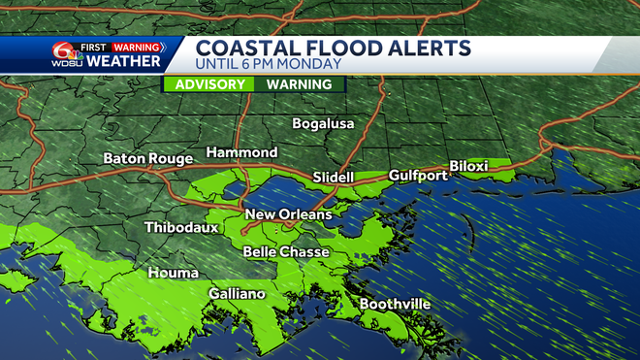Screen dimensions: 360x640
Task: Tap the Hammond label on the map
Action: pyautogui.click(x=241, y=153)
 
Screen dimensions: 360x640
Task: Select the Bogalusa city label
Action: pyautogui.click(x=325, y=124)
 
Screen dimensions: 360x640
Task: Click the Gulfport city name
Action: pyautogui.click(x=418, y=176)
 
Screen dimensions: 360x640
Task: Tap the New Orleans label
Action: pyautogui.click(x=288, y=214)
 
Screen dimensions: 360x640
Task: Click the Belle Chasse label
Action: pyautogui.click(x=286, y=252)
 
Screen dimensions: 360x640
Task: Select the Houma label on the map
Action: pyautogui.click(x=167, y=273)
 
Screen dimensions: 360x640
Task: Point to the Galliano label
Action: pyautogui.click(x=238, y=294)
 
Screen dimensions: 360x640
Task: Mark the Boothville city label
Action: pyautogui.click(x=395, y=304)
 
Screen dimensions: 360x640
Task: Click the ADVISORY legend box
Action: pyautogui.click(x=208, y=84)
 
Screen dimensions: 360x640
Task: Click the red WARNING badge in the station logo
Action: pyautogui.click(x=137, y=46)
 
